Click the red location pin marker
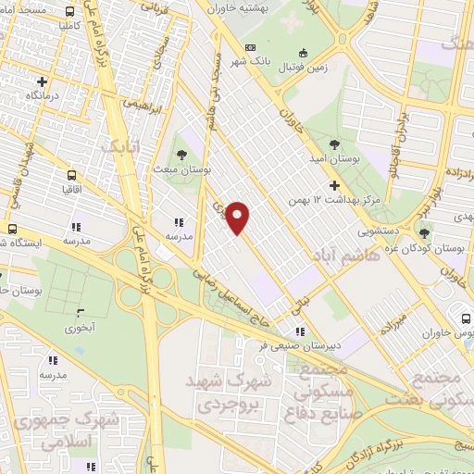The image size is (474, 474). (x=238, y=217)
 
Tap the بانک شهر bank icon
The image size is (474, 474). (x=250, y=47)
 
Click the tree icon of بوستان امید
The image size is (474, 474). (x=333, y=143)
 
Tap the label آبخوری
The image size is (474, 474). (x=81, y=328)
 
